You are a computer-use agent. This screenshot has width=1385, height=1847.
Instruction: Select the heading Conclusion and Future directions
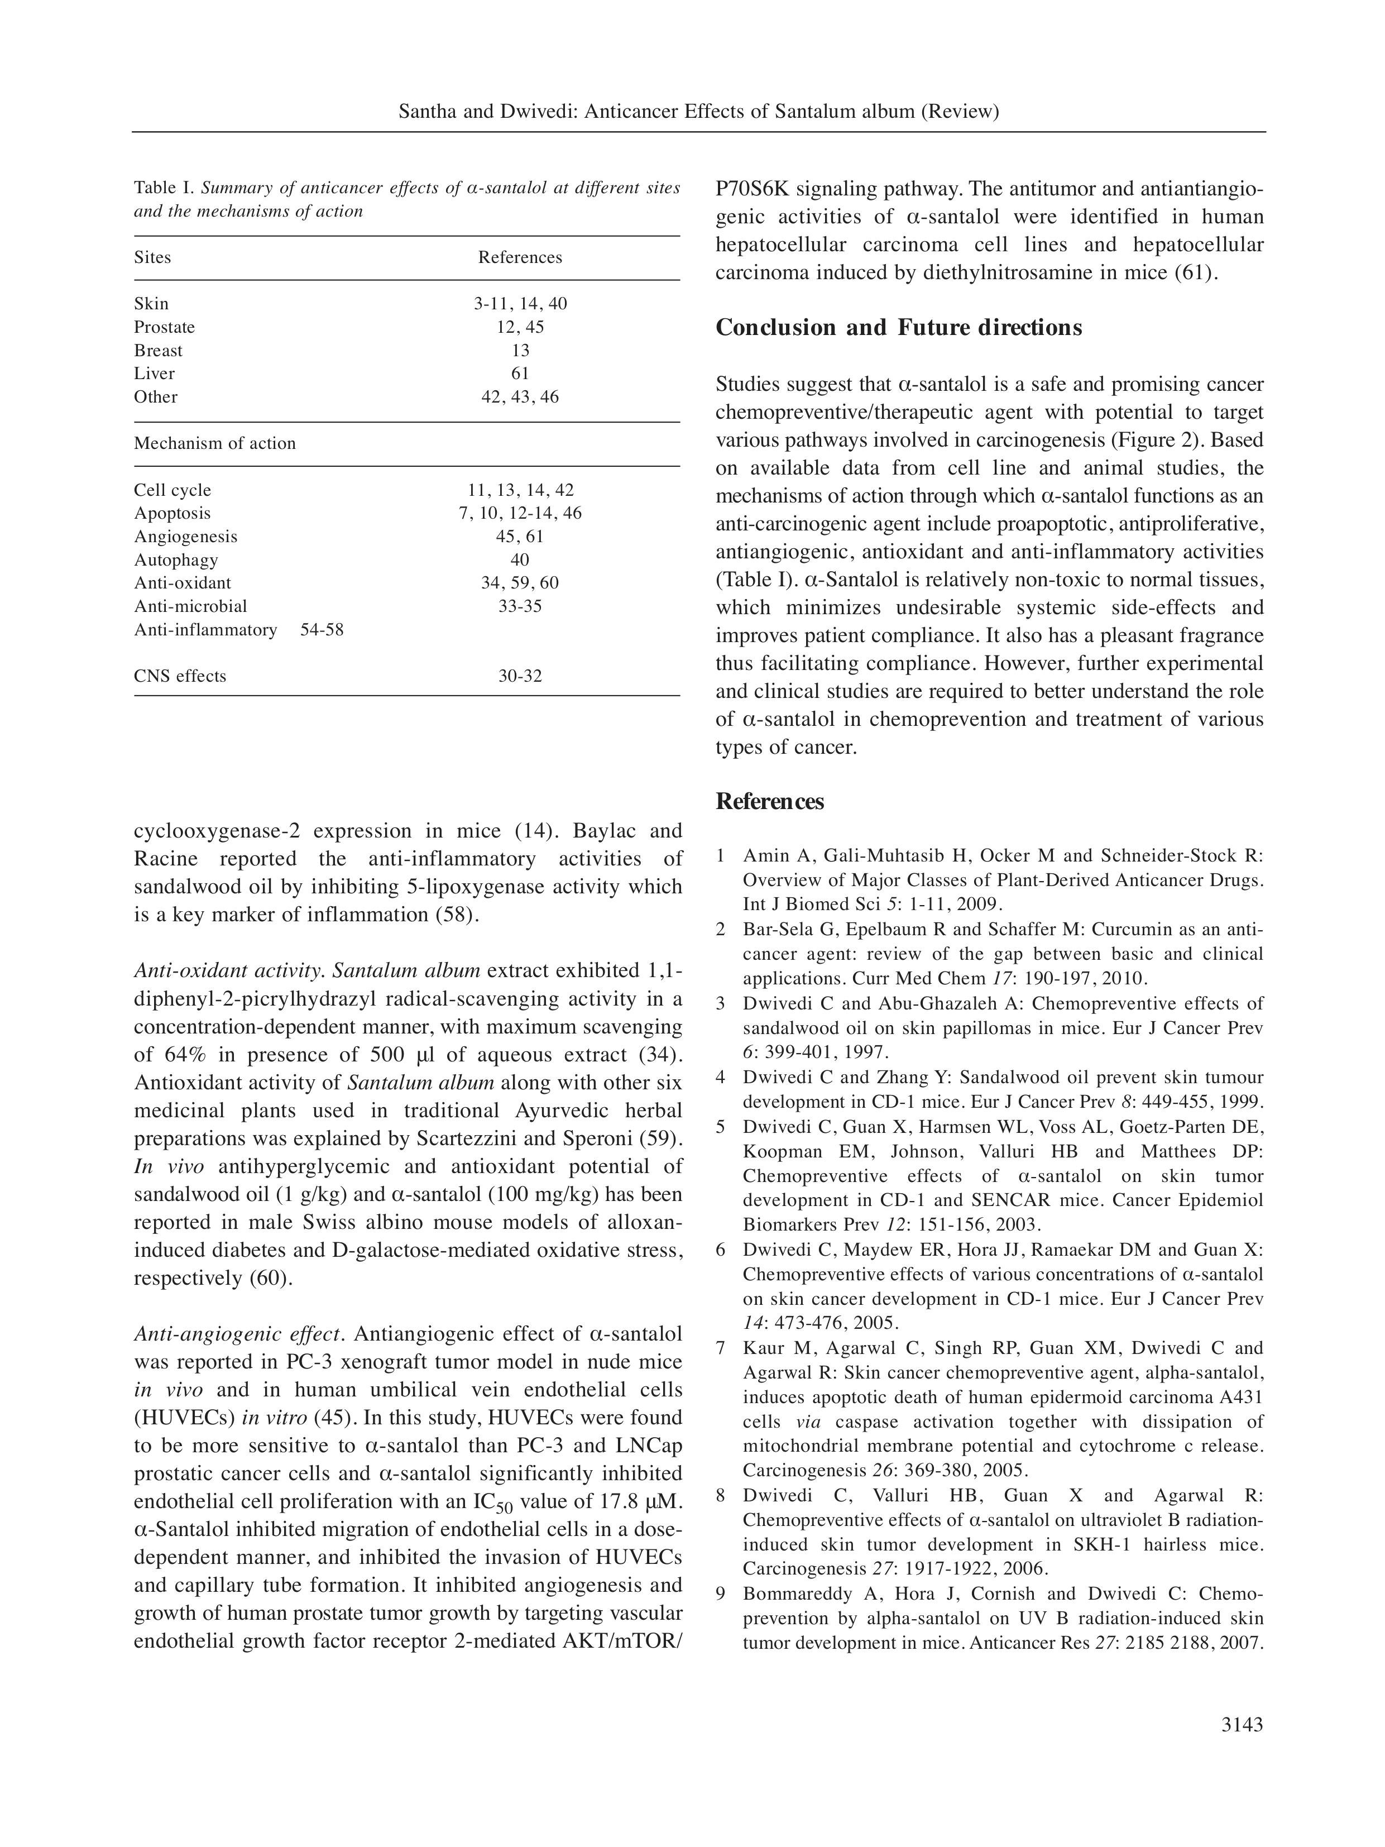tap(898, 327)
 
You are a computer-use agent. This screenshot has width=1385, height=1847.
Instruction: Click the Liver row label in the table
tap(155, 373)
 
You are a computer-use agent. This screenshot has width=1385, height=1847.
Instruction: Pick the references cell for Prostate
tap(520, 327)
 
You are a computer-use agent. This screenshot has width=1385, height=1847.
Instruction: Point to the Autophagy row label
tap(176, 560)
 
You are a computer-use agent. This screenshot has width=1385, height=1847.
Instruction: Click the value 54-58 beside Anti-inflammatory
tap(322, 630)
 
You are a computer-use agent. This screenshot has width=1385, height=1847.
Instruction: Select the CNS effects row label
tap(180, 676)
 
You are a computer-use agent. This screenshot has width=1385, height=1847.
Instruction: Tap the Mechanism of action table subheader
tap(214, 443)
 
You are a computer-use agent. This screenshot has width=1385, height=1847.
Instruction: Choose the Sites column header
tap(152, 257)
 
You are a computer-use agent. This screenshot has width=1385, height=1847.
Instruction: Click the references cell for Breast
tap(520, 351)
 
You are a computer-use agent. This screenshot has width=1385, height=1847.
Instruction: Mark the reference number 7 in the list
tap(721, 1348)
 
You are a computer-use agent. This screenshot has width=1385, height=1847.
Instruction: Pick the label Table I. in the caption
tap(165, 188)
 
